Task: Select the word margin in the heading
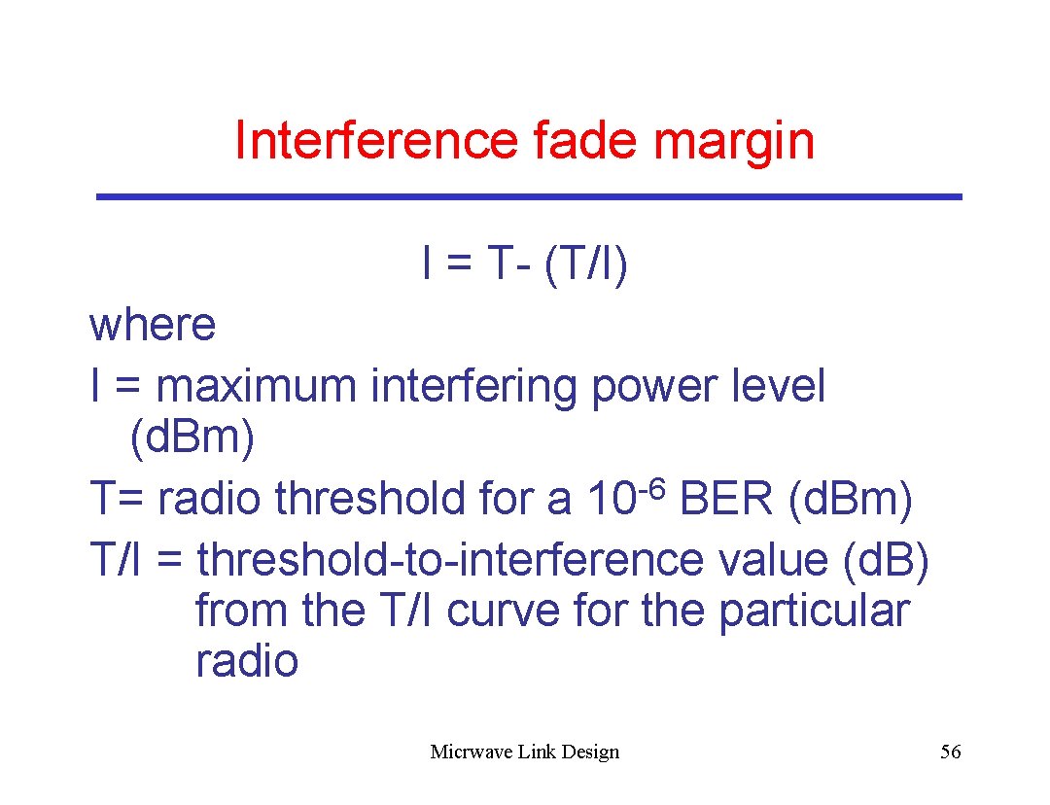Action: pyautogui.click(x=735, y=142)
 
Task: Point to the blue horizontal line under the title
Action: pyautogui.click(x=529, y=197)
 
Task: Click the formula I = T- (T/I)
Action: pyautogui.click(x=525, y=264)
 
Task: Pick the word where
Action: pyautogui.click(x=153, y=326)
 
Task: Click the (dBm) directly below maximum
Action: pyautogui.click(x=192, y=438)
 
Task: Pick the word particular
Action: pyautogui.click(x=814, y=612)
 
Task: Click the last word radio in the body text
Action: pyautogui.click(x=247, y=662)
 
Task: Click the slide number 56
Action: pyautogui.click(x=950, y=752)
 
